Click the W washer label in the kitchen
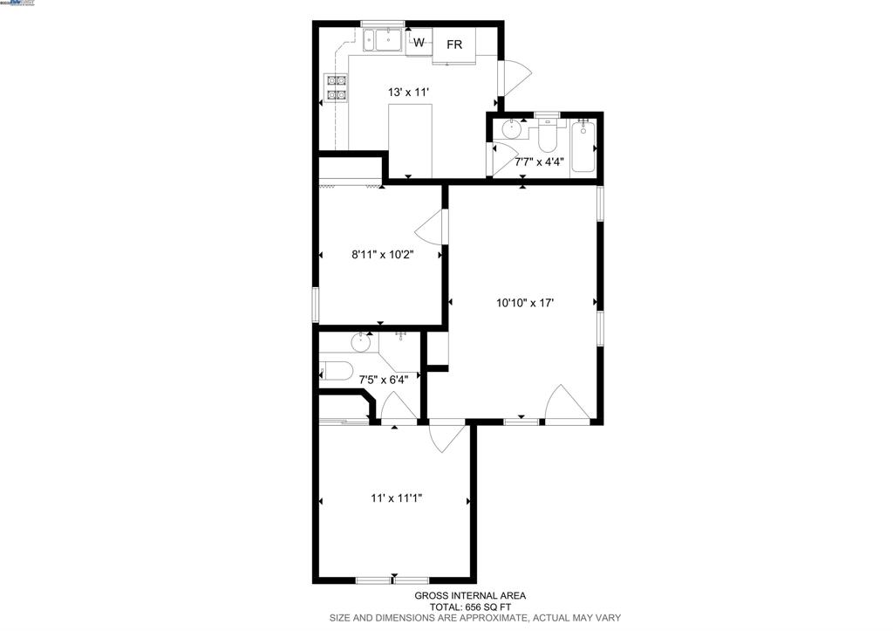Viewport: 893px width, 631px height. pos(419,43)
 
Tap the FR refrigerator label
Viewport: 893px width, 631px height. pos(454,45)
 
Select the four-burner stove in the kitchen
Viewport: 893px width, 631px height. pos(336,87)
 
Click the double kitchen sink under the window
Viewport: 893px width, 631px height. pos(382,39)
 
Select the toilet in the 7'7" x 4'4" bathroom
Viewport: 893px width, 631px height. pos(547,139)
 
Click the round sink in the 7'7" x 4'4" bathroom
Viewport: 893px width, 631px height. pos(512,129)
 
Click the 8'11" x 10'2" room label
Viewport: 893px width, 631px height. pos(381,255)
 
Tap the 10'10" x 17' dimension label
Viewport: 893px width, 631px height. pos(525,303)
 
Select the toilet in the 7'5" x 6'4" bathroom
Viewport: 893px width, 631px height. pos(336,368)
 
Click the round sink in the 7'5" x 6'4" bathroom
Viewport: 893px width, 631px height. pos(361,341)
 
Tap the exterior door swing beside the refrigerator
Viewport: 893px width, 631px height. pos(514,78)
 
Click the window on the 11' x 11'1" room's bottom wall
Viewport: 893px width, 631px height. pos(392,579)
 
